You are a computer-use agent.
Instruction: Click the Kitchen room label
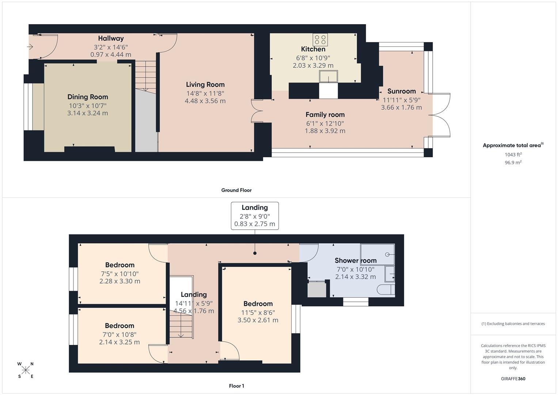(313, 49)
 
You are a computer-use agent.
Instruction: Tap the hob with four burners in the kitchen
(320, 39)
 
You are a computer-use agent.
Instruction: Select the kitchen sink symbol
(328, 76)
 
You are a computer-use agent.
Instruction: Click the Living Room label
(205, 84)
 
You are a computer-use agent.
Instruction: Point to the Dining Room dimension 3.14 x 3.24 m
(88, 113)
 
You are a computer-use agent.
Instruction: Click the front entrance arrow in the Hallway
(30, 47)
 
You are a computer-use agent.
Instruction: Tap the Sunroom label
(401, 91)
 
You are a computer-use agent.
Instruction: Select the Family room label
(325, 114)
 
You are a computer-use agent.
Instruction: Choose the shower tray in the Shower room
(377, 254)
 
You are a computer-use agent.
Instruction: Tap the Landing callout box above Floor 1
(255, 216)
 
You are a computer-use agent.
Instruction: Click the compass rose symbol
(26, 370)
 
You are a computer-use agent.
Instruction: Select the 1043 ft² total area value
(513, 155)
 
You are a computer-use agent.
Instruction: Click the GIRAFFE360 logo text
(513, 379)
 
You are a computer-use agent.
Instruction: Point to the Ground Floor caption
(236, 190)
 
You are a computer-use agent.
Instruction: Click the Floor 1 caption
(236, 386)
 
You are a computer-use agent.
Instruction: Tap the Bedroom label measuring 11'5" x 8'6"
(258, 304)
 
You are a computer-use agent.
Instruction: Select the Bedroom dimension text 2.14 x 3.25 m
(119, 342)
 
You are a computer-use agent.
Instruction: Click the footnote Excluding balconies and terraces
(513, 324)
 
